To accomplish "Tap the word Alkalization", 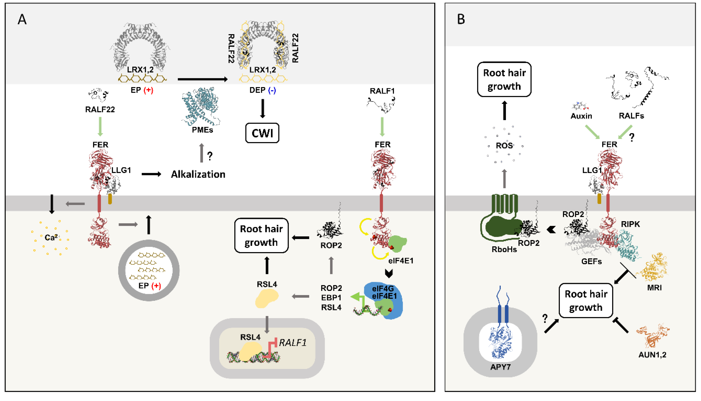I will (x=198, y=174).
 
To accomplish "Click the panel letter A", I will (x=22, y=20).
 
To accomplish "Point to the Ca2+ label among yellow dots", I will (x=51, y=237).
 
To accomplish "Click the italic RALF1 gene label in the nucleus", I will (x=292, y=343).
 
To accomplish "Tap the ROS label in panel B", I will (x=504, y=145).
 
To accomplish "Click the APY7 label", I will (x=500, y=367).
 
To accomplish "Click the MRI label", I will (x=654, y=288).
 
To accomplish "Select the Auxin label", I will (x=581, y=116).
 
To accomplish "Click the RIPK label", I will (x=630, y=224).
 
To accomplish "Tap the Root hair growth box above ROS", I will (x=504, y=79).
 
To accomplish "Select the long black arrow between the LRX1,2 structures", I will (x=202, y=79).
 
